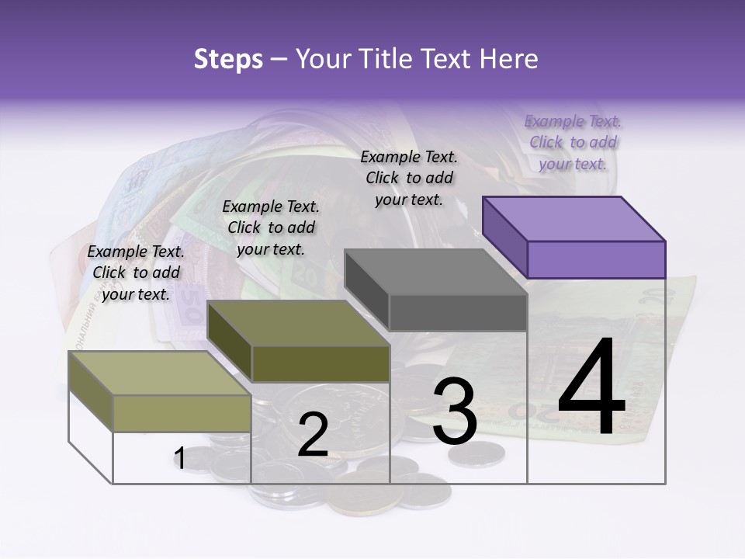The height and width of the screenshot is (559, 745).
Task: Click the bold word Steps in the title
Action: [x=228, y=59]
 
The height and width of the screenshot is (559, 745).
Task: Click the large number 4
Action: [x=591, y=387]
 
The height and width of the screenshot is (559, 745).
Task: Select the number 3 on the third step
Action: [x=455, y=411]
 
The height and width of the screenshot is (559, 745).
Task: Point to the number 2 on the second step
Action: [x=313, y=435]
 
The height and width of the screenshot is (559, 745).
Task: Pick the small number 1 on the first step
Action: [x=179, y=459]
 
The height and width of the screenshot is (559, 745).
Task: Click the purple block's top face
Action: [x=574, y=218]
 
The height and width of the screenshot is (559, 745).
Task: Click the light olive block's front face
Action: [x=182, y=413]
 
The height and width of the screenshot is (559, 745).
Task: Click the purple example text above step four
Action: [x=573, y=142]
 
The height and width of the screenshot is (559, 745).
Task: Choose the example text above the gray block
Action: [x=409, y=178]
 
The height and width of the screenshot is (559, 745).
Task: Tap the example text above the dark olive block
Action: [x=271, y=227]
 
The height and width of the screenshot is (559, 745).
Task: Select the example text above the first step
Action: [x=136, y=273]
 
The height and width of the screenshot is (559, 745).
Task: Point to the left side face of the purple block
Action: [x=504, y=236]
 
